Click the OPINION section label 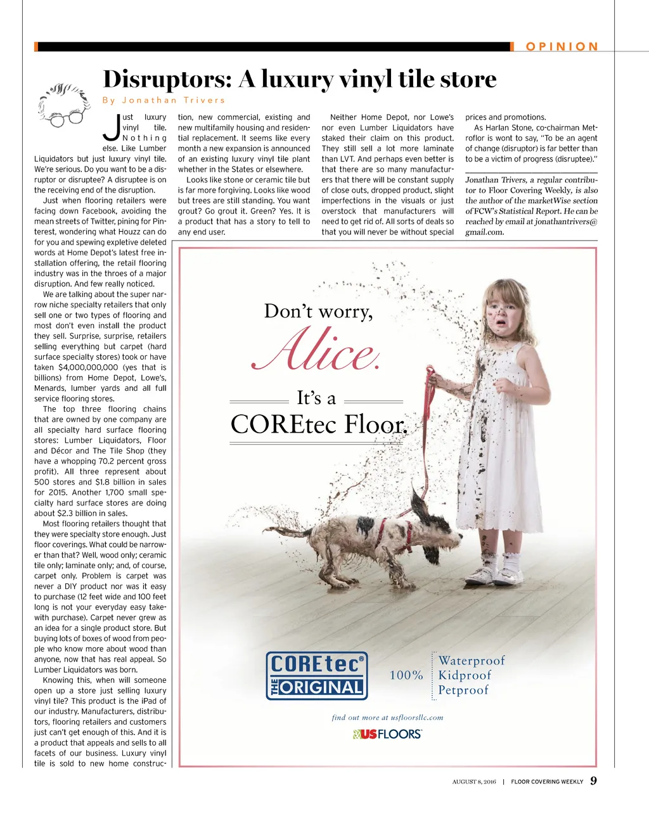pos(562,46)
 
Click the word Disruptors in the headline pos(167,79)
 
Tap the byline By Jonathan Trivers pos(164,100)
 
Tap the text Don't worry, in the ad pos(318,311)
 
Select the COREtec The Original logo pos(317,676)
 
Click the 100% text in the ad pos(406,675)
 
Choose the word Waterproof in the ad pos(472,661)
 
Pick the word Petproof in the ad pos(463,690)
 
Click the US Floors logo pos(387,734)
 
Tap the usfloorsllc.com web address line pos(387,718)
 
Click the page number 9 pos(593,781)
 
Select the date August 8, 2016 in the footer pos(474,782)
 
